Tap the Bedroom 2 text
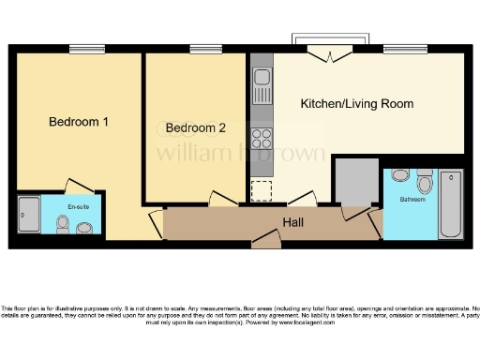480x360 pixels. pyautogui.click(x=196, y=127)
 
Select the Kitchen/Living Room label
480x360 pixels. pyautogui.click(x=356, y=103)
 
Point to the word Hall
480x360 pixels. pyautogui.click(x=294, y=222)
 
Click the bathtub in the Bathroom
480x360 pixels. pyautogui.click(x=451, y=203)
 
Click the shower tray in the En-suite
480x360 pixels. pyautogui.click(x=28, y=217)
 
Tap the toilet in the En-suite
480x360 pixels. pyautogui.click(x=63, y=224)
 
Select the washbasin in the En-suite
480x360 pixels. pyautogui.click(x=84, y=228)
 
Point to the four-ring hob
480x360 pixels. pyautogui.click(x=262, y=138)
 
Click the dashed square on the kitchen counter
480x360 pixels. pyautogui.click(x=262, y=191)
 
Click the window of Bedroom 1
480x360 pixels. pyautogui.click(x=86, y=49)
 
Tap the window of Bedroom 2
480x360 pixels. pyautogui.click(x=202, y=49)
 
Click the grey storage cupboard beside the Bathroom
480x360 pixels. pyautogui.click(x=357, y=181)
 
